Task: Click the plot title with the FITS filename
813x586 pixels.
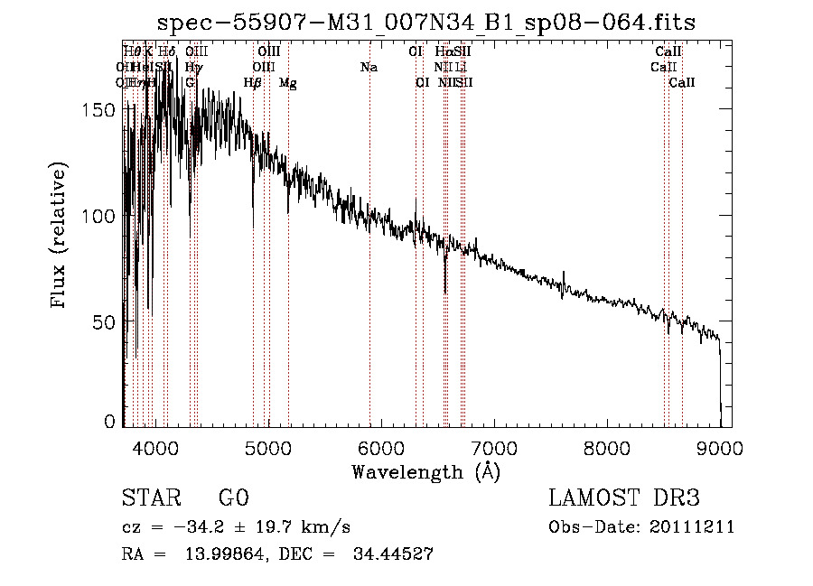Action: tap(425, 23)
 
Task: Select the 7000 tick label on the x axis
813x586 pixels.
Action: tap(494, 447)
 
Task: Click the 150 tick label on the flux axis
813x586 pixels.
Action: tap(103, 109)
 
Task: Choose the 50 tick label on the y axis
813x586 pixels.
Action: tap(108, 321)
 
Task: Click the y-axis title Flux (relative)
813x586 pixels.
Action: tap(61, 237)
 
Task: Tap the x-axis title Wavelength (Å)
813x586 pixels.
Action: tap(425, 471)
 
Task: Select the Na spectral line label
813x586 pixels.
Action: tap(369, 68)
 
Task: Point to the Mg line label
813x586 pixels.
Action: tap(287, 83)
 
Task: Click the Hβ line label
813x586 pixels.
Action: tap(253, 83)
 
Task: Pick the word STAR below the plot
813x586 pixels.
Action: tap(151, 498)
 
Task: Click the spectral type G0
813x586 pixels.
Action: tap(233, 498)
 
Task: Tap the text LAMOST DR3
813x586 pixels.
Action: tap(624, 498)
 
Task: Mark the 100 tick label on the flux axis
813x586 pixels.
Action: tap(103, 216)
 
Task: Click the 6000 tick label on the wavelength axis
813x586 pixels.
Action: tap(381, 447)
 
